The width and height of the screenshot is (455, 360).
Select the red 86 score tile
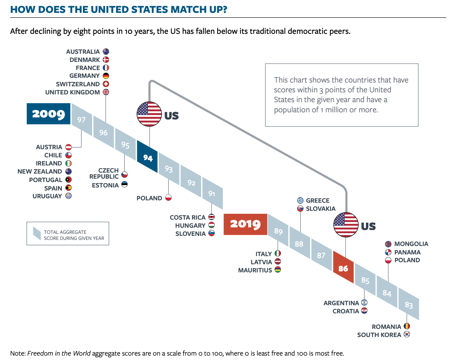click(x=343, y=268)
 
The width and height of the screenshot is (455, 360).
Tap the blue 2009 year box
click(x=48, y=114)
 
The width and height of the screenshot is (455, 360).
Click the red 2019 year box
click(x=245, y=224)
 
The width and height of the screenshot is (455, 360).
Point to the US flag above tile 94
click(x=149, y=114)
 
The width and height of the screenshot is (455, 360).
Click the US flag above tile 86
click(x=346, y=225)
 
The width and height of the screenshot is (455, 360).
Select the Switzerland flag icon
click(x=106, y=84)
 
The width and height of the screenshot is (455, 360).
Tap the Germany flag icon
click(x=106, y=76)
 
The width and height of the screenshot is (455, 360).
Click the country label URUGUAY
click(x=47, y=196)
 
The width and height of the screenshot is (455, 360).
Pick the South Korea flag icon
click(x=407, y=334)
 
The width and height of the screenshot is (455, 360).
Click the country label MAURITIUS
click(x=255, y=270)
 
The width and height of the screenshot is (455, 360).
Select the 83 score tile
click(x=409, y=305)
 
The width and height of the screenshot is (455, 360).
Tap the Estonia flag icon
click(x=125, y=185)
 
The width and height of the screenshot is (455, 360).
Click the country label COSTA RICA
click(x=188, y=217)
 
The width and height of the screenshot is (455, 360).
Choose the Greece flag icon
click(x=300, y=200)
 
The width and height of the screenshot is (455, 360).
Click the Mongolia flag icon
click(x=388, y=244)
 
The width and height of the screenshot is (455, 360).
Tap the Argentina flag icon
click(x=364, y=302)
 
